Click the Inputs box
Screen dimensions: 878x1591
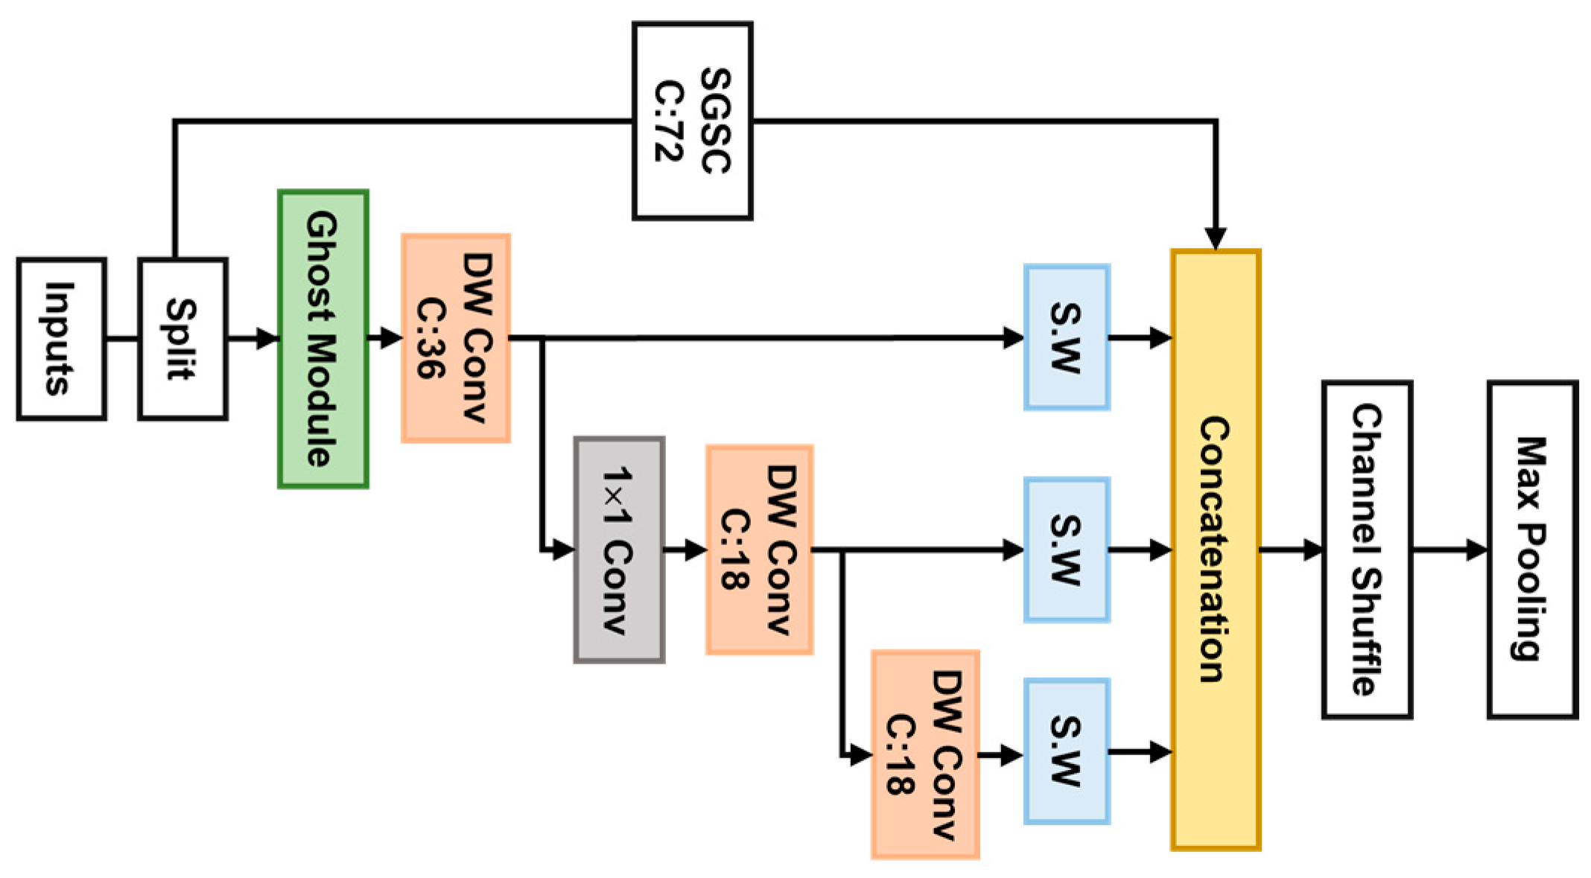[61, 339]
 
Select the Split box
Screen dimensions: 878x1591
[182, 339]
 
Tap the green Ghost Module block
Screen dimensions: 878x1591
[323, 339]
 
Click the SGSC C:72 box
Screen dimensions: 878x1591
[692, 121]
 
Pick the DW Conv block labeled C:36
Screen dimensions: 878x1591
[456, 338]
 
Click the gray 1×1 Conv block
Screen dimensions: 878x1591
[619, 550]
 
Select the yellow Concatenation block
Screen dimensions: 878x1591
[1216, 550]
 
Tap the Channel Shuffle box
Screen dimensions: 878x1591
[1367, 550]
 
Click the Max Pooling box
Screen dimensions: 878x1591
[1532, 550]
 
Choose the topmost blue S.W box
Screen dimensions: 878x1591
[1067, 337]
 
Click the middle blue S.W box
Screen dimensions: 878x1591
[1067, 550]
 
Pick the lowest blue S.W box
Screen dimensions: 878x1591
[1067, 751]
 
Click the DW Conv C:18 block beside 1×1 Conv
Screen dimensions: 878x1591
[759, 550]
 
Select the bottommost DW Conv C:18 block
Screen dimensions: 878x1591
[925, 754]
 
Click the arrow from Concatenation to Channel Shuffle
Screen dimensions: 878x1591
[1292, 550]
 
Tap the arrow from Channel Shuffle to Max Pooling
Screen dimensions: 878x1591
[1449, 550]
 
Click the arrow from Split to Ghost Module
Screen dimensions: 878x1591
[253, 339]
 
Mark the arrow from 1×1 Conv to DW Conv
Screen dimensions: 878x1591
[685, 550]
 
